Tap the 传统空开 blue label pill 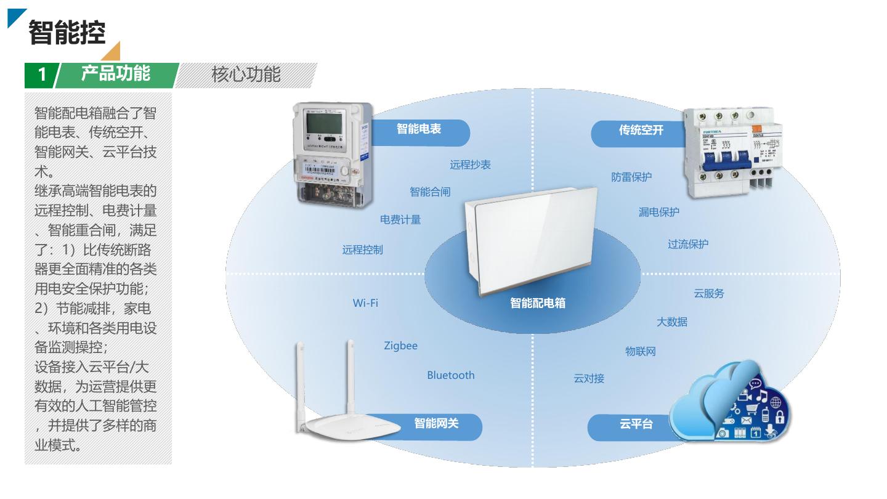[x=641, y=130]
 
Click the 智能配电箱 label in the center [x=538, y=303]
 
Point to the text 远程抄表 [x=470, y=164]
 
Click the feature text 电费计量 [x=400, y=219]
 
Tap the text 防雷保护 [x=631, y=177]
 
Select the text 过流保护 [x=688, y=244]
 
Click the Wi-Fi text [x=365, y=303]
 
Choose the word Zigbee [x=400, y=346]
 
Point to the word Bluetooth [x=451, y=375]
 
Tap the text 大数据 [x=672, y=322]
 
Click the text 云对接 [x=589, y=378]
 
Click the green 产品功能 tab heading [x=116, y=75]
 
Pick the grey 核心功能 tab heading [x=246, y=75]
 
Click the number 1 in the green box [x=42, y=75]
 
